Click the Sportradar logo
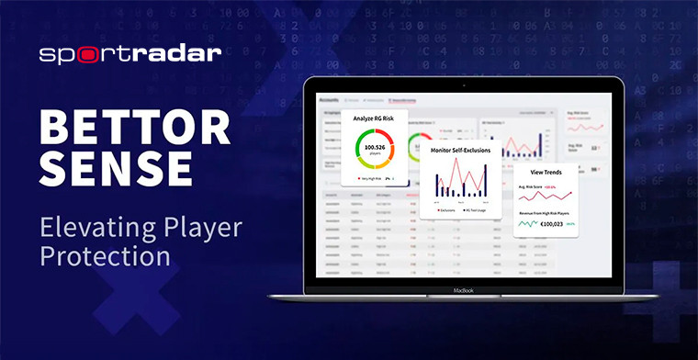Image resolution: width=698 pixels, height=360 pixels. pyautogui.click(x=129, y=53)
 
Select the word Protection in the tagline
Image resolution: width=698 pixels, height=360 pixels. pyautogui.click(x=106, y=255)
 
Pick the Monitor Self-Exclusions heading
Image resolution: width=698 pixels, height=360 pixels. pyautogui.click(x=461, y=150)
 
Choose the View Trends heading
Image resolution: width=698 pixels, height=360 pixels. pyautogui.click(x=546, y=172)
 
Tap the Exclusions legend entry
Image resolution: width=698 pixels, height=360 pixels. pyautogui.click(x=445, y=209)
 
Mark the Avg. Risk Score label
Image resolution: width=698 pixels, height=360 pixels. pyautogui.click(x=533, y=186)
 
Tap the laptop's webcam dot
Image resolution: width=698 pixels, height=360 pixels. pyautogui.click(x=465, y=84)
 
